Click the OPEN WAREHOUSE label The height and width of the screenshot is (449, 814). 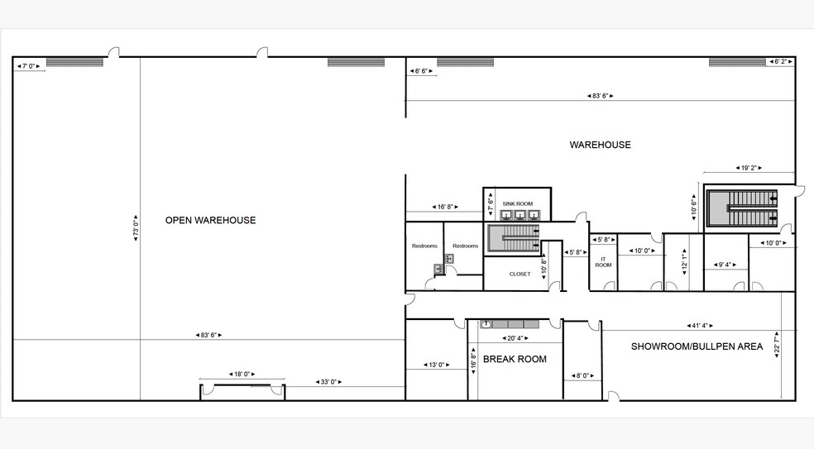click(210, 220)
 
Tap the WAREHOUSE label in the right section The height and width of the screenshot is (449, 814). click(600, 145)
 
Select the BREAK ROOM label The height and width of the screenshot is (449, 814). click(515, 359)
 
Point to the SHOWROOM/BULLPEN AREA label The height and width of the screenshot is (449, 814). click(697, 346)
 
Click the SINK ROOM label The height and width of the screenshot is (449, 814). click(517, 203)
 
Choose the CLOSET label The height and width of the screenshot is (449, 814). click(520, 274)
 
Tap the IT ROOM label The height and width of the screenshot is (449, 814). click(603, 260)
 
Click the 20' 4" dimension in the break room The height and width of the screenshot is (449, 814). click(515, 337)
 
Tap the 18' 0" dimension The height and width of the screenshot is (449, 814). click(242, 375)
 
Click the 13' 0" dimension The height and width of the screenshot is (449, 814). click(438, 365)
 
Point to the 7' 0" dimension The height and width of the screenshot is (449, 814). click(30, 65)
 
